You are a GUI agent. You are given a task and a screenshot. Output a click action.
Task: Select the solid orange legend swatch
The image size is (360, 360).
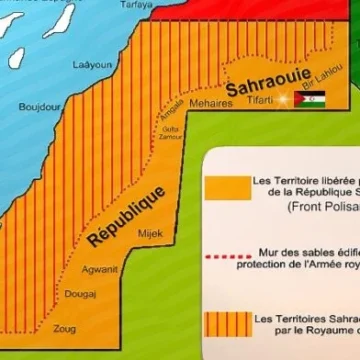click(228, 188)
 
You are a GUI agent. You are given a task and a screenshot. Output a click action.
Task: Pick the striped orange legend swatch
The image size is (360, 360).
click(228, 326)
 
